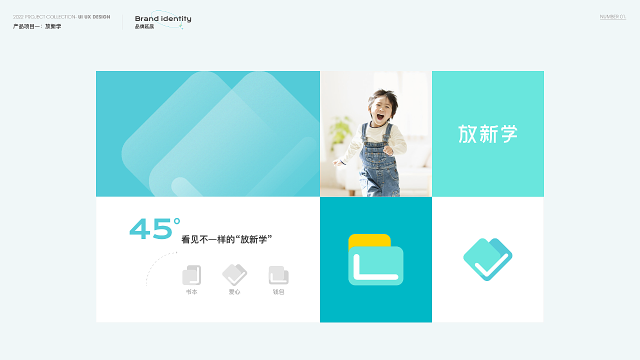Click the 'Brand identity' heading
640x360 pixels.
(163, 19)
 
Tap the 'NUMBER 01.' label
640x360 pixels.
(613, 17)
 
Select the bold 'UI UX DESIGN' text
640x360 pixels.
(94, 17)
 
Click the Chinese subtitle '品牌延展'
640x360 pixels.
(144, 26)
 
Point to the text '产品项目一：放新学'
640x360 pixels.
(37, 26)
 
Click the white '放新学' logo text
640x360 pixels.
(487, 133)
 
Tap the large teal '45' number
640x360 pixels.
(150, 228)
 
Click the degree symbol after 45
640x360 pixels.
(177, 221)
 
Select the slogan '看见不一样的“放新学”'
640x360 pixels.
(226, 239)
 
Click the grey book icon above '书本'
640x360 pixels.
(191, 275)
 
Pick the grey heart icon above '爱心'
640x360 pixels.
(234, 275)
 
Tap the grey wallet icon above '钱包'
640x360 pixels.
(278, 275)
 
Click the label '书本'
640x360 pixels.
(191, 292)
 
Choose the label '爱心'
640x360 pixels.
(234, 292)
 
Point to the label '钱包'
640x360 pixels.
(278, 292)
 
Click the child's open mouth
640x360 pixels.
(380, 116)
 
